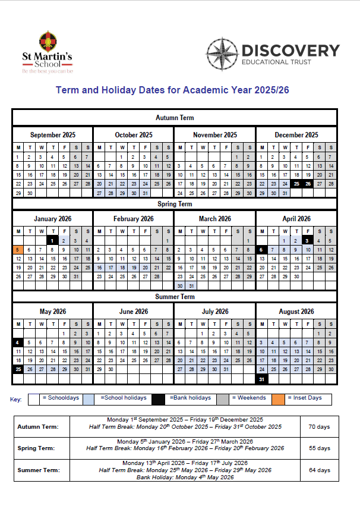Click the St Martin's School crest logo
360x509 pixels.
click(x=47, y=41)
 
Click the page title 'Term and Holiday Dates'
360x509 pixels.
click(x=172, y=91)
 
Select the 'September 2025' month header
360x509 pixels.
click(x=53, y=135)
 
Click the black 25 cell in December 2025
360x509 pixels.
click(x=296, y=184)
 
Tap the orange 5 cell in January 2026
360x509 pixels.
click(x=18, y=250)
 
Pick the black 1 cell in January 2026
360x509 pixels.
click(x=53, y=241)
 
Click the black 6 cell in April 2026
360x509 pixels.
click(x=261, y=250)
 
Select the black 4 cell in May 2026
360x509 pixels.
click(x=18, y=343)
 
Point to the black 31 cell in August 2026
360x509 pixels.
click(x=261, y=379)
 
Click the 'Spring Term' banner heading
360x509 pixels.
click(x=174, y=204)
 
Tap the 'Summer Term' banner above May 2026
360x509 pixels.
click(x=174, y=297)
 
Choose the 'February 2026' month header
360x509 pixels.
click(x=134, y=219)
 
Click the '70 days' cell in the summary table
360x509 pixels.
click(x=319, y=426)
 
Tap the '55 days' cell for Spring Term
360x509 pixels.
click(x=319, y=448)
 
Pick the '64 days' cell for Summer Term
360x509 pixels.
click(x=319, y=470)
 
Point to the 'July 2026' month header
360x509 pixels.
click(x=214, y=312)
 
